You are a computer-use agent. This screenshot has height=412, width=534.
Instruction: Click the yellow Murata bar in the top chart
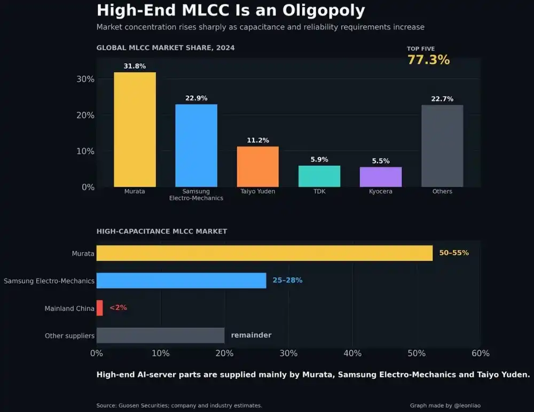[135, 129]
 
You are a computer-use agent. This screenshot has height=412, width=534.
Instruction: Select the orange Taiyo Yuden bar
[258, 167]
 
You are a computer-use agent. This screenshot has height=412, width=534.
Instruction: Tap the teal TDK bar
[319, 176]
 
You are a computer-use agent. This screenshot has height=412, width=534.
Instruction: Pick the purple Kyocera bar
[381, 177]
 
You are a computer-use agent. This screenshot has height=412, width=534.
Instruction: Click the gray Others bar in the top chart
[442, 146]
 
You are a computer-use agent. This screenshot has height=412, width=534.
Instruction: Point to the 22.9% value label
[196, 98]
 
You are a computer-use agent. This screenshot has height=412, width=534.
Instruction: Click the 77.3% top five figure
[428, 60]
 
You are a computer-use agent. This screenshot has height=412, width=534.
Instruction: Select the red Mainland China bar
[99, 308]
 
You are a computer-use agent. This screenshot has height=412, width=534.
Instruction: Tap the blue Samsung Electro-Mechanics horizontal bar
[181, 281]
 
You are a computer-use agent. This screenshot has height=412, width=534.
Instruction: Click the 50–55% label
[454, 253]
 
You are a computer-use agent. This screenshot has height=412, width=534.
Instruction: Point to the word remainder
[252, 335]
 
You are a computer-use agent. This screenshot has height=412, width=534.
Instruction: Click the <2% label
[118, 307]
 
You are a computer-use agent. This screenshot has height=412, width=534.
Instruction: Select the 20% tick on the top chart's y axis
[85, 115]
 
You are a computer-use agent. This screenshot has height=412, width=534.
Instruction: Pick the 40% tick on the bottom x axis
[352, 353]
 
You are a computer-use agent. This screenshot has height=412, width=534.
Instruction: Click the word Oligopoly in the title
[324, 11]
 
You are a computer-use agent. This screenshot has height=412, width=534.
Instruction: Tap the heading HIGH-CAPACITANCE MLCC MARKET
[162, 231]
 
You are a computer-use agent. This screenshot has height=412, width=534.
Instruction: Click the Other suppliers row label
[69, 336]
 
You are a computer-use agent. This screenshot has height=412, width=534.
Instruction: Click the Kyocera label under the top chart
[381, 191]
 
